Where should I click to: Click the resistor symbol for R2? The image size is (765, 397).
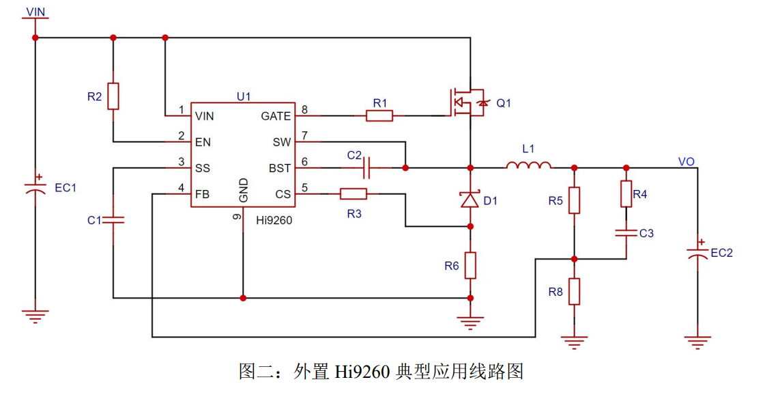pos(113,96)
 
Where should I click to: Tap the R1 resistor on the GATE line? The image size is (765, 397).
pos(379,115)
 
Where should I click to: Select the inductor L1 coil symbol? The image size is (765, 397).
pos(528,165)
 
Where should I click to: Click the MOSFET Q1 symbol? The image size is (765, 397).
pos(467,102)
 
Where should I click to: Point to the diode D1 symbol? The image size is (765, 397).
pos(470,200)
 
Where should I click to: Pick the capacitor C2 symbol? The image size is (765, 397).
pos(367,168)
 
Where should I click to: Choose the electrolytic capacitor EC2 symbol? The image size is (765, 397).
pos(697,251)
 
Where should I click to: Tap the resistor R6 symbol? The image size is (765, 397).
pos(470,266)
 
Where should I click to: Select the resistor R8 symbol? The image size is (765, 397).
pos(574,292)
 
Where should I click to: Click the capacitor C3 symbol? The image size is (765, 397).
pos(626,233)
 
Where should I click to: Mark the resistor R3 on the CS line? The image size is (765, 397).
pos(353,194)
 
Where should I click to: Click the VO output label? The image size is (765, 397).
pos(686,162)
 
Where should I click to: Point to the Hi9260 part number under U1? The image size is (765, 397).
pos(274,220)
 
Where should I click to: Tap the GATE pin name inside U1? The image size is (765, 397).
pos(276,116)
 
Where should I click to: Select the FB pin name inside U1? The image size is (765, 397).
pos(202,194)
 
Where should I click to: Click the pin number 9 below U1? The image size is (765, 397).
pos(237,217)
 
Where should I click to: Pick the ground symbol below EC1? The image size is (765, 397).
pos(35,316)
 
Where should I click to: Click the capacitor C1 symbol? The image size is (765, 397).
pos(113,220)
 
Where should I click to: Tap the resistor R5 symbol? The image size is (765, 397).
pos(574,200)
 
